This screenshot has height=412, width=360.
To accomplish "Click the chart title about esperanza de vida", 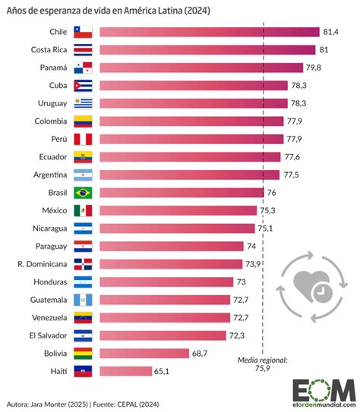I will [x=109, y=11].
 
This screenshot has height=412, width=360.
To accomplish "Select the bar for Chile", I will [x=209, y=32].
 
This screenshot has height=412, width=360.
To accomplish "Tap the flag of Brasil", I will [x=82, y=193].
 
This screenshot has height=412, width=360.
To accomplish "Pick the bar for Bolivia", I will [x=144, y=353].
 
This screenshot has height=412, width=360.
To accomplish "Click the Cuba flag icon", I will [x=82, y=85].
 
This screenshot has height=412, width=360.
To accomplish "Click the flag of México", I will [x=82, y=210].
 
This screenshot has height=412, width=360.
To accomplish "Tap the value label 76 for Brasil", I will [x=272, y=193].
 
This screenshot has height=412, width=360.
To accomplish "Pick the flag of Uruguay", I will [x=82, y=103].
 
